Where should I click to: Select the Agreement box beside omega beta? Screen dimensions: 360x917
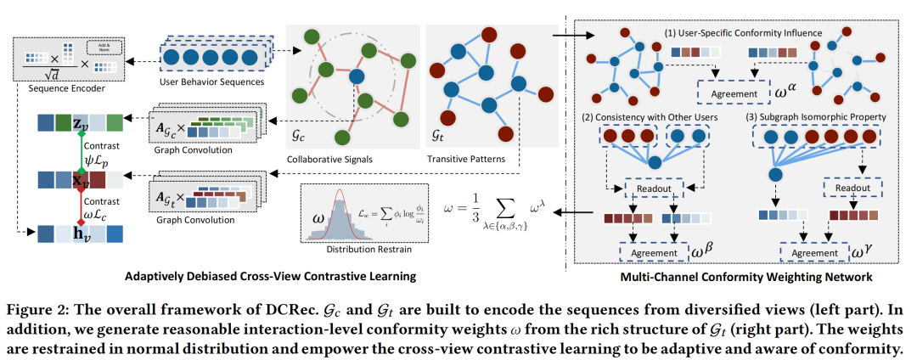coord(651,252)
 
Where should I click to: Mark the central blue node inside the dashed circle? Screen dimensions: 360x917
coord(356,77)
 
